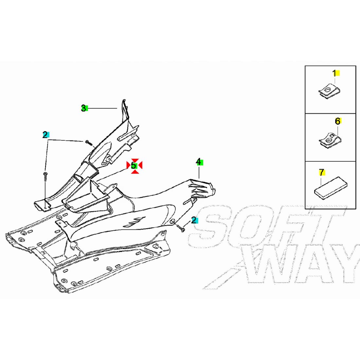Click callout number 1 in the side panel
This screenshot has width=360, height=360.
pos(334,73)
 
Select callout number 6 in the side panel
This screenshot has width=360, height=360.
pos(337,121)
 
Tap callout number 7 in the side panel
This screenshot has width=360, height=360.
pos(321,172)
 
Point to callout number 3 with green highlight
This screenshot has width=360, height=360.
pos(84,108)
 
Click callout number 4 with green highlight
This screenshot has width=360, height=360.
pos(199,162)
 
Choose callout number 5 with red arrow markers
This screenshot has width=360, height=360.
pos(134,166)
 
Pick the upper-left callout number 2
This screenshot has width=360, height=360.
pos(45,135)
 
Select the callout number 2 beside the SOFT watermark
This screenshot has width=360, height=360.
pos(194,220)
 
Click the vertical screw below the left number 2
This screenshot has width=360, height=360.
pos(45,177)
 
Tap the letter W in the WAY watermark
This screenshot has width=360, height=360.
pos(265,268)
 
